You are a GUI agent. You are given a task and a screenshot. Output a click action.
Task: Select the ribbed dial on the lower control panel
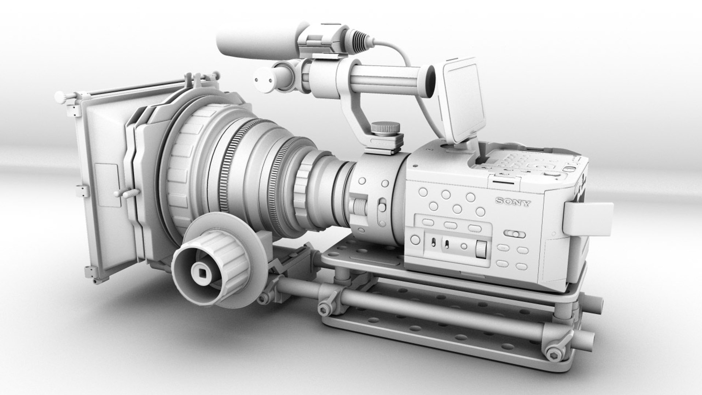(x=481, y=249)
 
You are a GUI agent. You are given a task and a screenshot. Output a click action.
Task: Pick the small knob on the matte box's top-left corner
(x=60, y=97)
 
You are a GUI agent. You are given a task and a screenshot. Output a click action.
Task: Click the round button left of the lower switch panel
(x=415, y=240)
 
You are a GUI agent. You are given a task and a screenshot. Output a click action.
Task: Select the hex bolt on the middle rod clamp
(x=324, y=308)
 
